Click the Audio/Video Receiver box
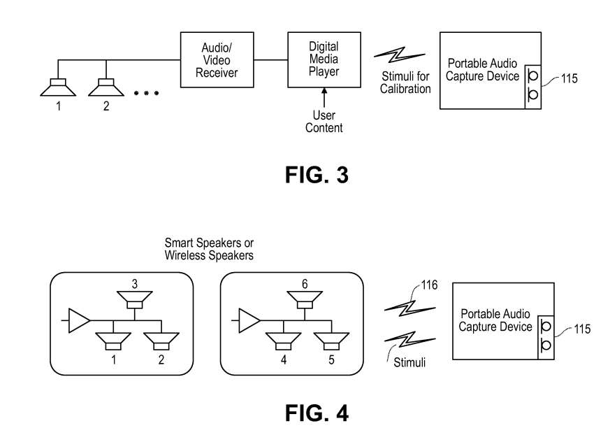pos(220,59)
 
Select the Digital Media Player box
pos(324,59)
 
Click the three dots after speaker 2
pos(147,93)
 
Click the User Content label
pos(324,122)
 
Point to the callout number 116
pos(430,285)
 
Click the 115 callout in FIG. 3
pos(569,79)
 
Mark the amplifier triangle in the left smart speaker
pos(80,321)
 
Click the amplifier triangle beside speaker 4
pos(250,321)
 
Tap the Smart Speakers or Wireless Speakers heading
pos(209,249)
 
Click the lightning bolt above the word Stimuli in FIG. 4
pos(402,340)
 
